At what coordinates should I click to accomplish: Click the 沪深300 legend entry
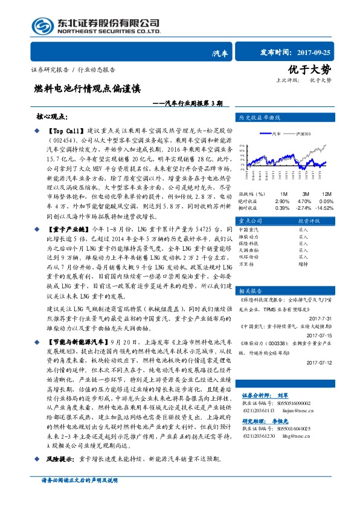[305, 133]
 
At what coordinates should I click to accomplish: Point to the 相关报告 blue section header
[251, 290]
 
